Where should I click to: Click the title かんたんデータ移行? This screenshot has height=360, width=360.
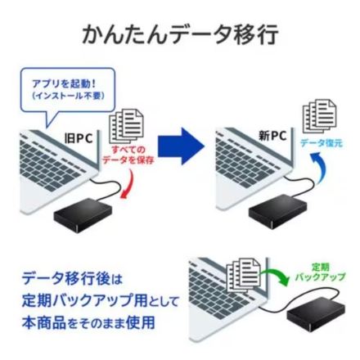pyautogui.click(x=180, y=34)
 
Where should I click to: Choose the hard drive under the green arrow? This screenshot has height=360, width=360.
pyautogui.click(x=319, y=313)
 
